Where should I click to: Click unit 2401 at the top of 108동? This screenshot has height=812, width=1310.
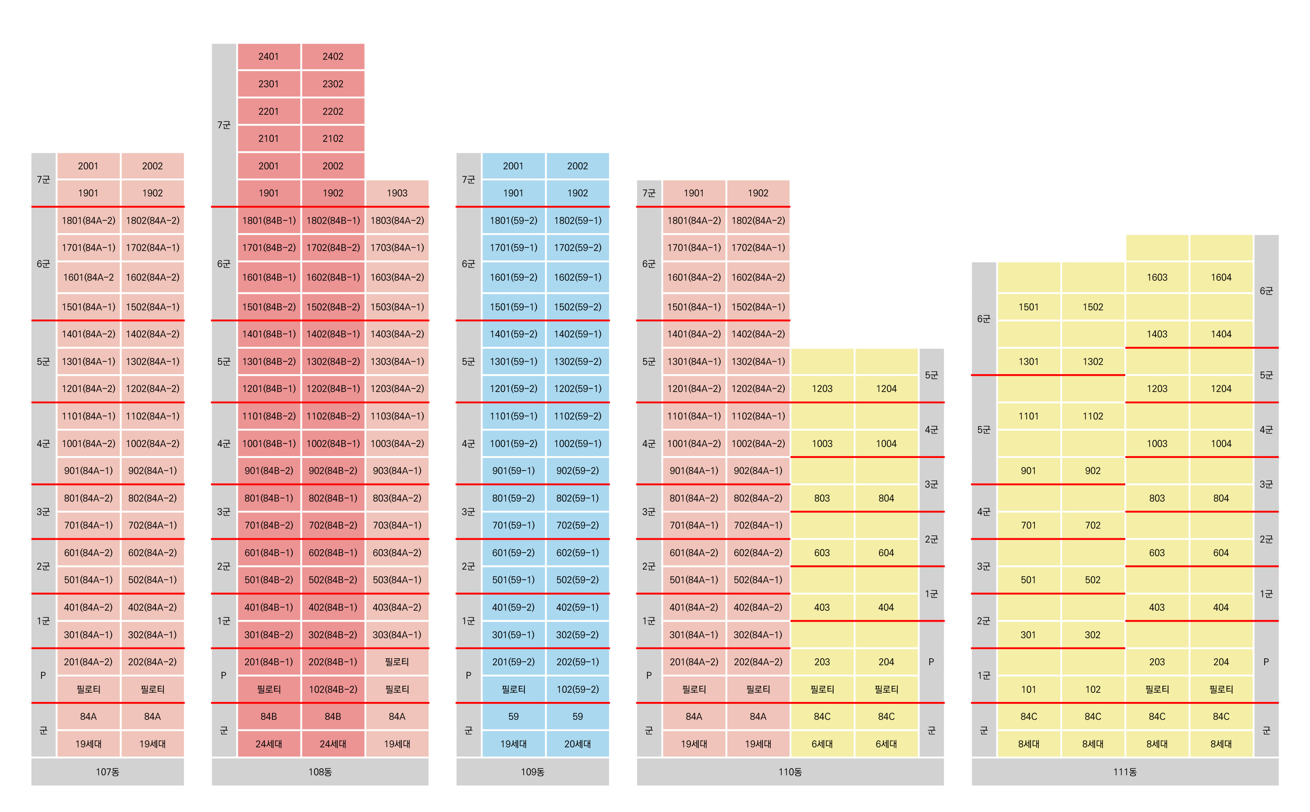[x=269, y=56]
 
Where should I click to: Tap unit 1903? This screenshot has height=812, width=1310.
[x=397, y=193]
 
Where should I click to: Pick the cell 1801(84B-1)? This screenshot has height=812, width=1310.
[x=269, y=220]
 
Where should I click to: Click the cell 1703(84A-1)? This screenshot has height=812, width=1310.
[x=397, y=248]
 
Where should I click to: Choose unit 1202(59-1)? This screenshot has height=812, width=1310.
[x=577, y=388]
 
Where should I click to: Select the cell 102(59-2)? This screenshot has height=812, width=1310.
[x=577, y=689]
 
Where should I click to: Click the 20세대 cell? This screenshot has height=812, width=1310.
[x=577, y=744]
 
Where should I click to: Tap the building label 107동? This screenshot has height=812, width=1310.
[x=107, y=772]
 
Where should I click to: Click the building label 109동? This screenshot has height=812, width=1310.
[x=532, y=772]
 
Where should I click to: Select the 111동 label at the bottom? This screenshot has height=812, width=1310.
[x=1125, y=772]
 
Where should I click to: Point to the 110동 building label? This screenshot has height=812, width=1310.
[x=790, y=772]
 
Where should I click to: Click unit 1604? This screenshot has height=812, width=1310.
[x=1221, y=277]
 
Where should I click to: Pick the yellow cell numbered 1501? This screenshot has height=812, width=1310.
[x=1028, y=306]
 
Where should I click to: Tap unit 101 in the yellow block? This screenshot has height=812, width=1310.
[x=1028, y=689]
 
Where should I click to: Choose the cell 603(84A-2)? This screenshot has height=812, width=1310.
[x=397, y=553]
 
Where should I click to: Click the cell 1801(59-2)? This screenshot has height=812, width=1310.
[x=514, y=220]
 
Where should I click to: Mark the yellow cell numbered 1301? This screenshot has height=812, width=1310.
[x=1028, y=361]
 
